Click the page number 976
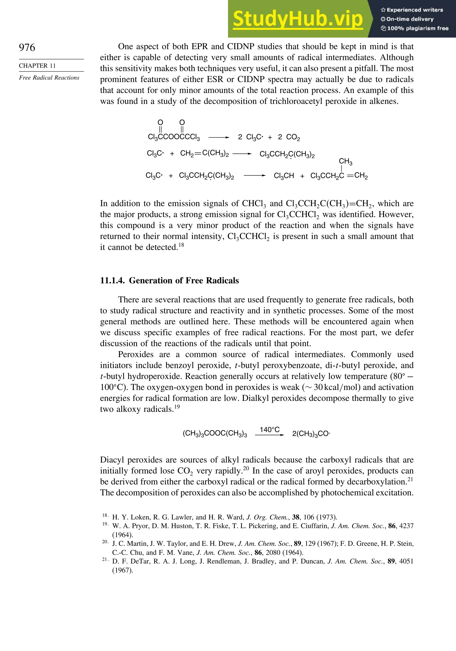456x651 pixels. pos(27,47)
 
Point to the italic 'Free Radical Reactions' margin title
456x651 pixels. pos(49,78)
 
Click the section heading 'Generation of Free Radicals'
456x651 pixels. pos(184,280)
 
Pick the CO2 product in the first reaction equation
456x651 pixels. pos(293,137)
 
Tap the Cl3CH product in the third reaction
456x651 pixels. pos(284,176)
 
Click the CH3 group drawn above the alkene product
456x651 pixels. pos(345,161)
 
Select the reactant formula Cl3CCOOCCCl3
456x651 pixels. pos(174,137)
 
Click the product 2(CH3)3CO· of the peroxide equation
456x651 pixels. pos(311,434)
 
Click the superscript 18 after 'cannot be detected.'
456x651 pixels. pos(181,245)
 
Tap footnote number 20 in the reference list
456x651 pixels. pos(105,542)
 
